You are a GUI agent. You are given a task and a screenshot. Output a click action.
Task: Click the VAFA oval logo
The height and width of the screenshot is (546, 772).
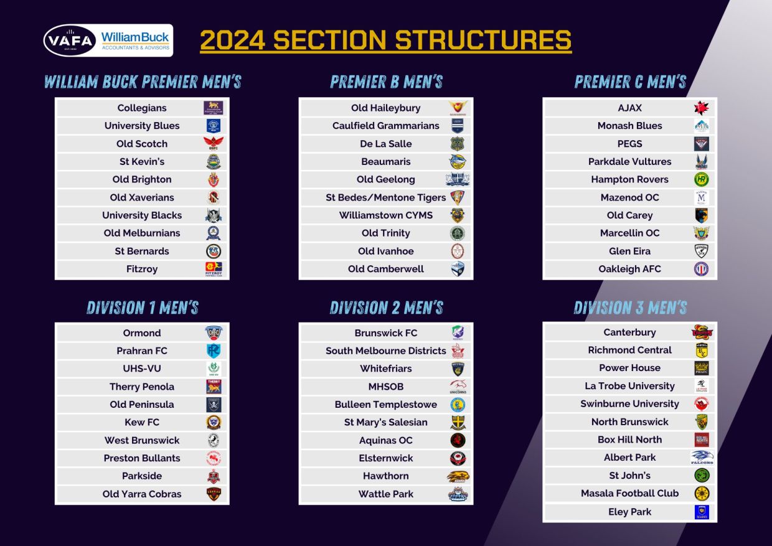(70, 40)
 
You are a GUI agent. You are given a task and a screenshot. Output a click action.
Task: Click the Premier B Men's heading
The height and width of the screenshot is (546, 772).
(387, 82)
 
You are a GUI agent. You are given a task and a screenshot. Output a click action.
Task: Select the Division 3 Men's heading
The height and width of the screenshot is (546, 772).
(630, 308)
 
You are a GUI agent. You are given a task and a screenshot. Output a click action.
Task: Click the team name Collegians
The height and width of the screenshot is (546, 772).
(142, 108)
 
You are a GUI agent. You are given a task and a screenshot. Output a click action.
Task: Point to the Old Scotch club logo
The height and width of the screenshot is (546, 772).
(214, 143)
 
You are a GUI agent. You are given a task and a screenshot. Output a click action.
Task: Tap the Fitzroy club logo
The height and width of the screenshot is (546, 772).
(214, 269)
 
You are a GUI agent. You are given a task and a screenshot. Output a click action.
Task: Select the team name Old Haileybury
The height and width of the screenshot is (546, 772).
(385, 108)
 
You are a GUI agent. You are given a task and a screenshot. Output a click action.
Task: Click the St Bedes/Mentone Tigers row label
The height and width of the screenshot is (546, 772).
(385, 197)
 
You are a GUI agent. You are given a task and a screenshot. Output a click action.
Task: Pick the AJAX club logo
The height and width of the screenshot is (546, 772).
(702, 108)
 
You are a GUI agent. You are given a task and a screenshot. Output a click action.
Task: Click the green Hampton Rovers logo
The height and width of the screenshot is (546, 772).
(702, 179)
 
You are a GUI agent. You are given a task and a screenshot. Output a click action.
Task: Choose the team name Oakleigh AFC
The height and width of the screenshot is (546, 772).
(629, 269)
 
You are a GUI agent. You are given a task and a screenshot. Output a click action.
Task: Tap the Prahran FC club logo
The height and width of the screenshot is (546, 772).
(214, 351)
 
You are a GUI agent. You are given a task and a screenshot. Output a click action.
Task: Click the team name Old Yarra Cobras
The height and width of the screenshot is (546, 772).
(142, 494)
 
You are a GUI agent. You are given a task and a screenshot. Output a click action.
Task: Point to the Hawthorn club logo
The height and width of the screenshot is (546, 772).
(458, 476)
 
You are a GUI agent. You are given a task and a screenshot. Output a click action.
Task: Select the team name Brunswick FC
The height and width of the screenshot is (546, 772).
(385, 333)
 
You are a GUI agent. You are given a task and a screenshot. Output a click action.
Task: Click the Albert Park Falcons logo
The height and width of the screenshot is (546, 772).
(702, 458)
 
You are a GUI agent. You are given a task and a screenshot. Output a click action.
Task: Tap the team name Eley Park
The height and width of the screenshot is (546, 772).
(629, 512)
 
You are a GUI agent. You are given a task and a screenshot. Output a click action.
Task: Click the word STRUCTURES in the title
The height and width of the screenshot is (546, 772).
(483, 40)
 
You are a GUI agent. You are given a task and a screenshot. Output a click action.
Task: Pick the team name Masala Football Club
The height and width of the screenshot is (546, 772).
(629, 493)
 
